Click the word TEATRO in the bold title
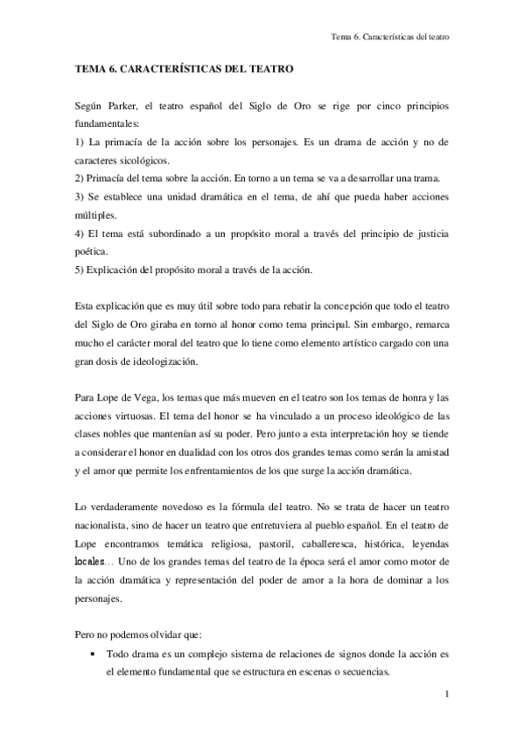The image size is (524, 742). [272, 67]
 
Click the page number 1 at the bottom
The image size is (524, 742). [446, 696]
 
